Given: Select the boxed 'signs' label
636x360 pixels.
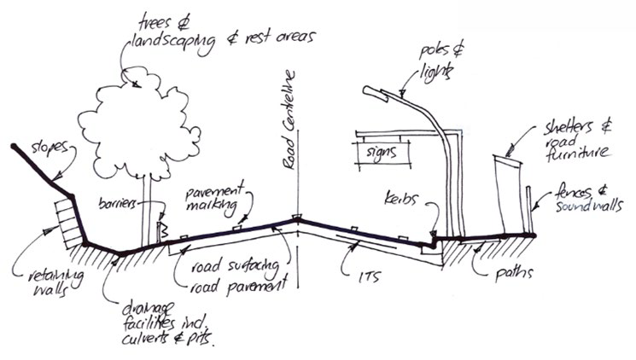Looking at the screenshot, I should click(374, 155).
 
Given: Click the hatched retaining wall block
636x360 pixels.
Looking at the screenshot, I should click(63, 213).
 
